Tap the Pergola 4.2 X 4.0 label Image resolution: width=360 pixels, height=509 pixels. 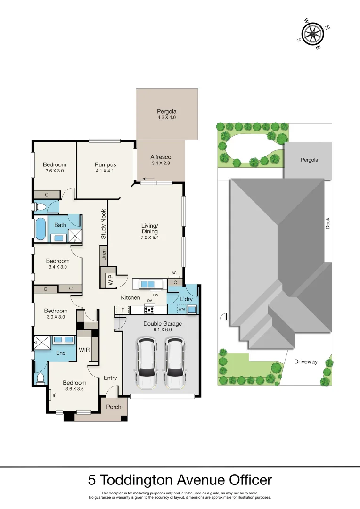click(x=166, y=115)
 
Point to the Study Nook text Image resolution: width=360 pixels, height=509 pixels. click(x=103, y=224)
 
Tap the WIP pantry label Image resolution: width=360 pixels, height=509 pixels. click(x=104, y=278)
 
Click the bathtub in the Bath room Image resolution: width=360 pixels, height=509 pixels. click(x=41, y=230)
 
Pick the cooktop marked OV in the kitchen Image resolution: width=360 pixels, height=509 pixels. click(x=150, y=310)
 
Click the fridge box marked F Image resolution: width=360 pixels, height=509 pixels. click(x=123, y=310)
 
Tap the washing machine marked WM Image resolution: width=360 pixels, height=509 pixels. click(x=181, y=310)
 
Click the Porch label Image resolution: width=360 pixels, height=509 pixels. click(x=114, y=407)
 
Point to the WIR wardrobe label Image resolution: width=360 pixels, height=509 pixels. click(x=84, y=350)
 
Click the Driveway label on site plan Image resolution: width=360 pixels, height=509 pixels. click(x=306, y=362)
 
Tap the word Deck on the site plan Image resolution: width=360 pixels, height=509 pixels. click(x=327, y=223)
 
